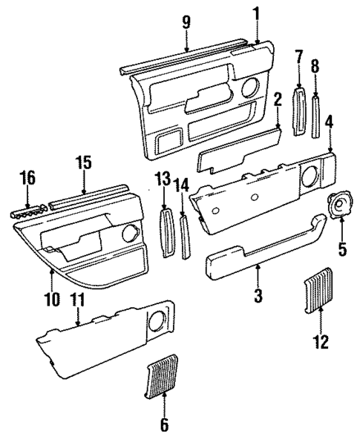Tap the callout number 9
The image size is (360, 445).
pos(186,22)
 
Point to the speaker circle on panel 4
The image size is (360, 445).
pos(312,176)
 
